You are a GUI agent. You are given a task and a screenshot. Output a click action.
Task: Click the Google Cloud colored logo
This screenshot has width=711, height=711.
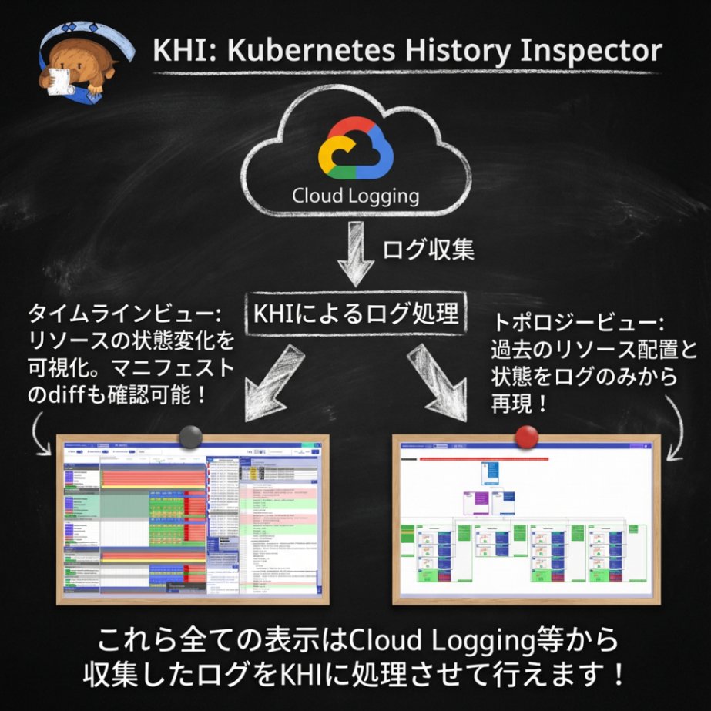pyautogui.click(x=355, y=149)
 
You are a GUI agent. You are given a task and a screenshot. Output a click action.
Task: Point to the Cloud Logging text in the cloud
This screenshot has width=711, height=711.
pyautogui.click(x=355, y=196)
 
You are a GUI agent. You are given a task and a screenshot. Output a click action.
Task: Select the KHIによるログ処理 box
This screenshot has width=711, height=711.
pyautogui.click(x=355, y=314)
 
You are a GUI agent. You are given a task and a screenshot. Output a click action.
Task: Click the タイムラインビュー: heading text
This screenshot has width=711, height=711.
pyautogui.click(x=124, y=315)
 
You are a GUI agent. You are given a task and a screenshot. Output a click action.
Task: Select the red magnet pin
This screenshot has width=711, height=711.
pyautogui.click(x=525, y=437)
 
